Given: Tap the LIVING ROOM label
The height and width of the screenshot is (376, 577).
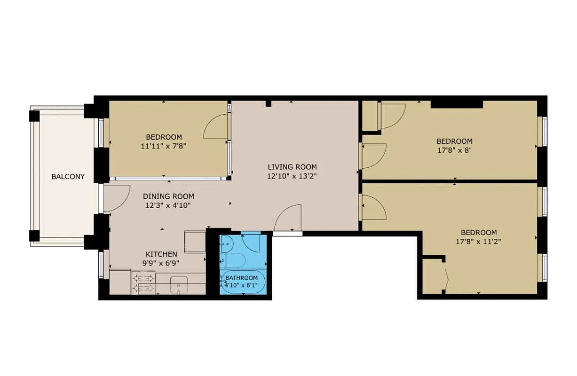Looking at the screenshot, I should click(292, 167).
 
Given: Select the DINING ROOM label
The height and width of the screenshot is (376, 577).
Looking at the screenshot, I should click(168, 196).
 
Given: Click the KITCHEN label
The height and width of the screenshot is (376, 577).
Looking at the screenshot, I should click(161, 254).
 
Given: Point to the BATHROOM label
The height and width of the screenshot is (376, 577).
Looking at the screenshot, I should click(242, 278).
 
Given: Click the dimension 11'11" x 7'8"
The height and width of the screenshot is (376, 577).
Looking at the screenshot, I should click(164, 146).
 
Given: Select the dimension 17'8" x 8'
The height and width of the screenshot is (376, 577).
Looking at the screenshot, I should click(454, 150).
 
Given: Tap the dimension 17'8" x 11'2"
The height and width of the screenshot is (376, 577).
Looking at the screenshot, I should click(479, 242).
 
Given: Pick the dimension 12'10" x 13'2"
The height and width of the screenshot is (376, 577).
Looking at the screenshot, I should click(292, 176).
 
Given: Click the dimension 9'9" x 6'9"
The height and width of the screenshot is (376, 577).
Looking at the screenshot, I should click(161, 263).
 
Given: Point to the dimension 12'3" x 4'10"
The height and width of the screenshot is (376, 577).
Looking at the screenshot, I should click(168, 205).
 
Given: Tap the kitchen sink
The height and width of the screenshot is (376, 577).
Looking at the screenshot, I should click(179, 285).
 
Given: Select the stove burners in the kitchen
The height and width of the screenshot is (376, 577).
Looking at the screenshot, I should click(144, 283).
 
